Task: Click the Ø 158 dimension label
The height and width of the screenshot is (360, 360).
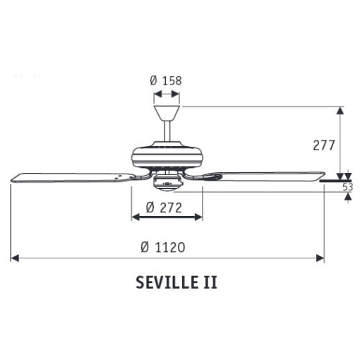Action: click(166, 80)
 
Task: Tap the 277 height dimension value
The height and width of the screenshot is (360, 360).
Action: click(324, 145)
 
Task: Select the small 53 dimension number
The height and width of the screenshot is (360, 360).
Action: click(348, 187)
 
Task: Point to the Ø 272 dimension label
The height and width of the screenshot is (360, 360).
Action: click(164, 208)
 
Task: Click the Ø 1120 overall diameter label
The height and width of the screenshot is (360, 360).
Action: click(163, 248)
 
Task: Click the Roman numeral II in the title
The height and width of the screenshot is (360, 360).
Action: click(210, 282)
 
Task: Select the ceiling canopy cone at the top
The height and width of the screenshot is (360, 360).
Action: click(167, 113)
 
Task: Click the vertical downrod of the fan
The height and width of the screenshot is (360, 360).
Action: click(167, 131)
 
